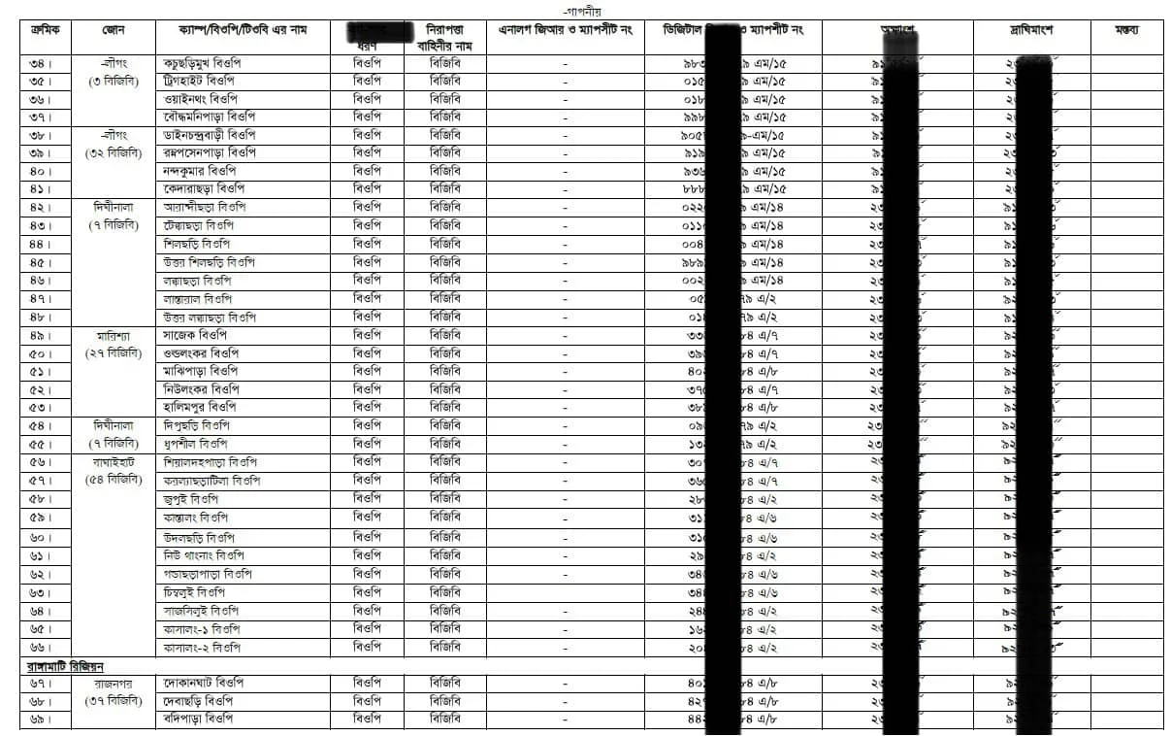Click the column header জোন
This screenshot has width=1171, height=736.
point(112,31)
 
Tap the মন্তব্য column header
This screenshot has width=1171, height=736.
point(1126,31)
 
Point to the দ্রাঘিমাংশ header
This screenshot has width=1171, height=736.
point(1031,31)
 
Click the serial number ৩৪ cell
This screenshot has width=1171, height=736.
point(42,63)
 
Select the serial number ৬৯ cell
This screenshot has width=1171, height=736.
point(42,719)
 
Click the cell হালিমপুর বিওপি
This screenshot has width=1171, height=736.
point(207,408)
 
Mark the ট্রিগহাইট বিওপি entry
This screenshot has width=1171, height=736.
point(204,82)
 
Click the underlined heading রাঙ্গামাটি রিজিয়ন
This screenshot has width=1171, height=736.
point(65,666)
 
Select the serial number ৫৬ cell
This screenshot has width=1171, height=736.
point(42,462)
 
